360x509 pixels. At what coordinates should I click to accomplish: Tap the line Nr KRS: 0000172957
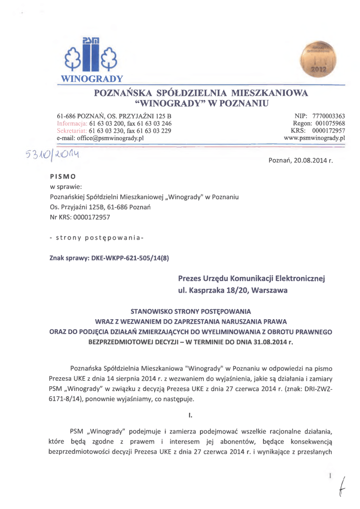tap(80, 217)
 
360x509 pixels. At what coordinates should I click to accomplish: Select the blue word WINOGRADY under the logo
tap(94, 79)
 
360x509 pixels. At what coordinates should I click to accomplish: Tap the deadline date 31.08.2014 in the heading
tap(269, 342)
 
